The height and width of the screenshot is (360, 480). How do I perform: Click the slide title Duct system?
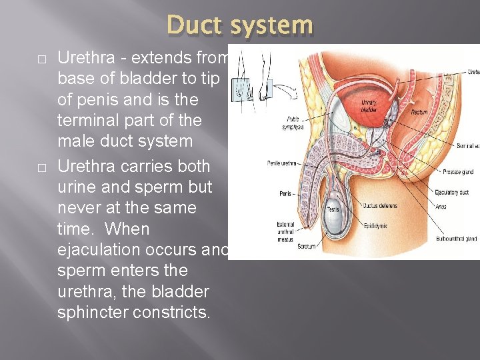[240, 25]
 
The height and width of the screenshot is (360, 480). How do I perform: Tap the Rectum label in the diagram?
[420, 112]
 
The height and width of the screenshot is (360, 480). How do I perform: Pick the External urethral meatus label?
[286, 231]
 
